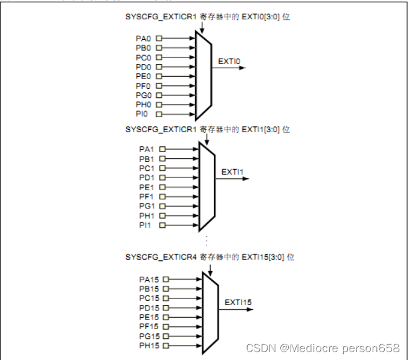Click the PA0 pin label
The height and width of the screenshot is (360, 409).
coord(143,38)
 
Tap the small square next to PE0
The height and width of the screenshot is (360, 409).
coord(159,76)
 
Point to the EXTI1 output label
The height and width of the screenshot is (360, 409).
coord(232,172)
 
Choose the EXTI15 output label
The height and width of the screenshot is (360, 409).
coord(238,302)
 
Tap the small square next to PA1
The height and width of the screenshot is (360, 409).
coord(162,149)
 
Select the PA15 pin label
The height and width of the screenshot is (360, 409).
coord(149,279)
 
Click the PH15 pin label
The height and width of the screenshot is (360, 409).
coord(149,346)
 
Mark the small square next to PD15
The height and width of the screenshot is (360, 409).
coord(166,307)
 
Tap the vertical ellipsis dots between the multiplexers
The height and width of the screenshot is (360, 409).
coord(206,240)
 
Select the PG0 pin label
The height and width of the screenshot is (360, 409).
coord(143,95)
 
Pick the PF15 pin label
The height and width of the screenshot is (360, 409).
coord(149,327)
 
